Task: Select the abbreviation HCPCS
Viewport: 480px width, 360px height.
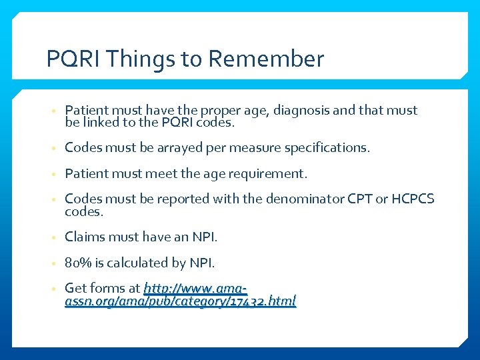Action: tap(413, 199)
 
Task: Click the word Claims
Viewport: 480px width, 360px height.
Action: tap(83, 237)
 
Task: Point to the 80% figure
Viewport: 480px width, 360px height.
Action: tap(77, 263)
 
